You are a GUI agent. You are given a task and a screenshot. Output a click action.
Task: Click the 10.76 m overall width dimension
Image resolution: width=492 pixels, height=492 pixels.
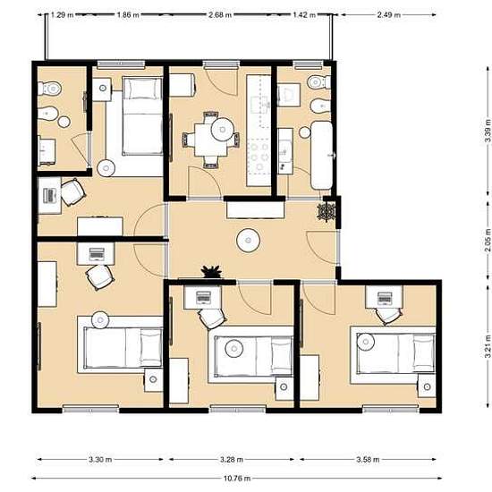coord(237,479)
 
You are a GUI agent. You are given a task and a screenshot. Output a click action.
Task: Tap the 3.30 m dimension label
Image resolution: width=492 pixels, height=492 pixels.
coord(100,460)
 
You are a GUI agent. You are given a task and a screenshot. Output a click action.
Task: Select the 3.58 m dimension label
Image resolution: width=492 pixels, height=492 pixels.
coord(368,460)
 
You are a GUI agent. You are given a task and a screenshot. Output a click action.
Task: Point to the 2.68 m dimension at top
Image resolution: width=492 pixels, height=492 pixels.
coord(220,14)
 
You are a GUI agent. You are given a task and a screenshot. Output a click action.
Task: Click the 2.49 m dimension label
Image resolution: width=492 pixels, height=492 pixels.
coord(389,14)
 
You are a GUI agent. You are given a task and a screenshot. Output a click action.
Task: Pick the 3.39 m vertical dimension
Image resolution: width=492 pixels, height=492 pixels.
coord(488,131)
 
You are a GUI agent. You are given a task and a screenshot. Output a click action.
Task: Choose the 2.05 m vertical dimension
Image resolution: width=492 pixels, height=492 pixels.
coord(488,241)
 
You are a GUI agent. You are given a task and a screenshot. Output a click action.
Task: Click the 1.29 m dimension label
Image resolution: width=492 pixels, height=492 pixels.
coord(62,14)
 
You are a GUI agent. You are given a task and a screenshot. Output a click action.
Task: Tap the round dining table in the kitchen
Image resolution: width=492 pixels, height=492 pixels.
coord(223,129)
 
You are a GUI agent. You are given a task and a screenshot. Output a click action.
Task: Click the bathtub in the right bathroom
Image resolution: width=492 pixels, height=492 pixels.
coord(321,156)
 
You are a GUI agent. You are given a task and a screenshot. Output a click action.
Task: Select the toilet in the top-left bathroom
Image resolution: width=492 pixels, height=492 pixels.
coord(49,89)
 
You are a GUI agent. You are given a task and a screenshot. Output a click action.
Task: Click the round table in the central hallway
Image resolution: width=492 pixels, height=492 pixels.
coord(248,241)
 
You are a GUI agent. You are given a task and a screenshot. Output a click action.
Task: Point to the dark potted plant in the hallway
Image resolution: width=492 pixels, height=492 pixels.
coord(212,271)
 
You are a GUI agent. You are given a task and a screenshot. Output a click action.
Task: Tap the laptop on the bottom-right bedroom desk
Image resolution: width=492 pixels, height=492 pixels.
coord(385,298)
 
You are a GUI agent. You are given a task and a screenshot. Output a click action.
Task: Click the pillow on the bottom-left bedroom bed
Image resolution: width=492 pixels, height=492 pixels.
coord(151,347)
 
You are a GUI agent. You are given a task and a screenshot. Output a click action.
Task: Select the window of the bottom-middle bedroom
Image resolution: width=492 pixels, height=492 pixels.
coord(238,409)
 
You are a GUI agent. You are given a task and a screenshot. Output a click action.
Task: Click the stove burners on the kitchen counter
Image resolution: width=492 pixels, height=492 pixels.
coord(259,156)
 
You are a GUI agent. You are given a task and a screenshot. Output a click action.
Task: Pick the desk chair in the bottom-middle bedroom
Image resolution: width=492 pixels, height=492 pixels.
coord(212,318)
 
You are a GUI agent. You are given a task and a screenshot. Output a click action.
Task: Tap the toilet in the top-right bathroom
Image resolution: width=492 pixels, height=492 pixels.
coord(318,82)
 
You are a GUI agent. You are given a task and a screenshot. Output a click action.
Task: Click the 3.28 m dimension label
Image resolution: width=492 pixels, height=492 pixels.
coord(232,460)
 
